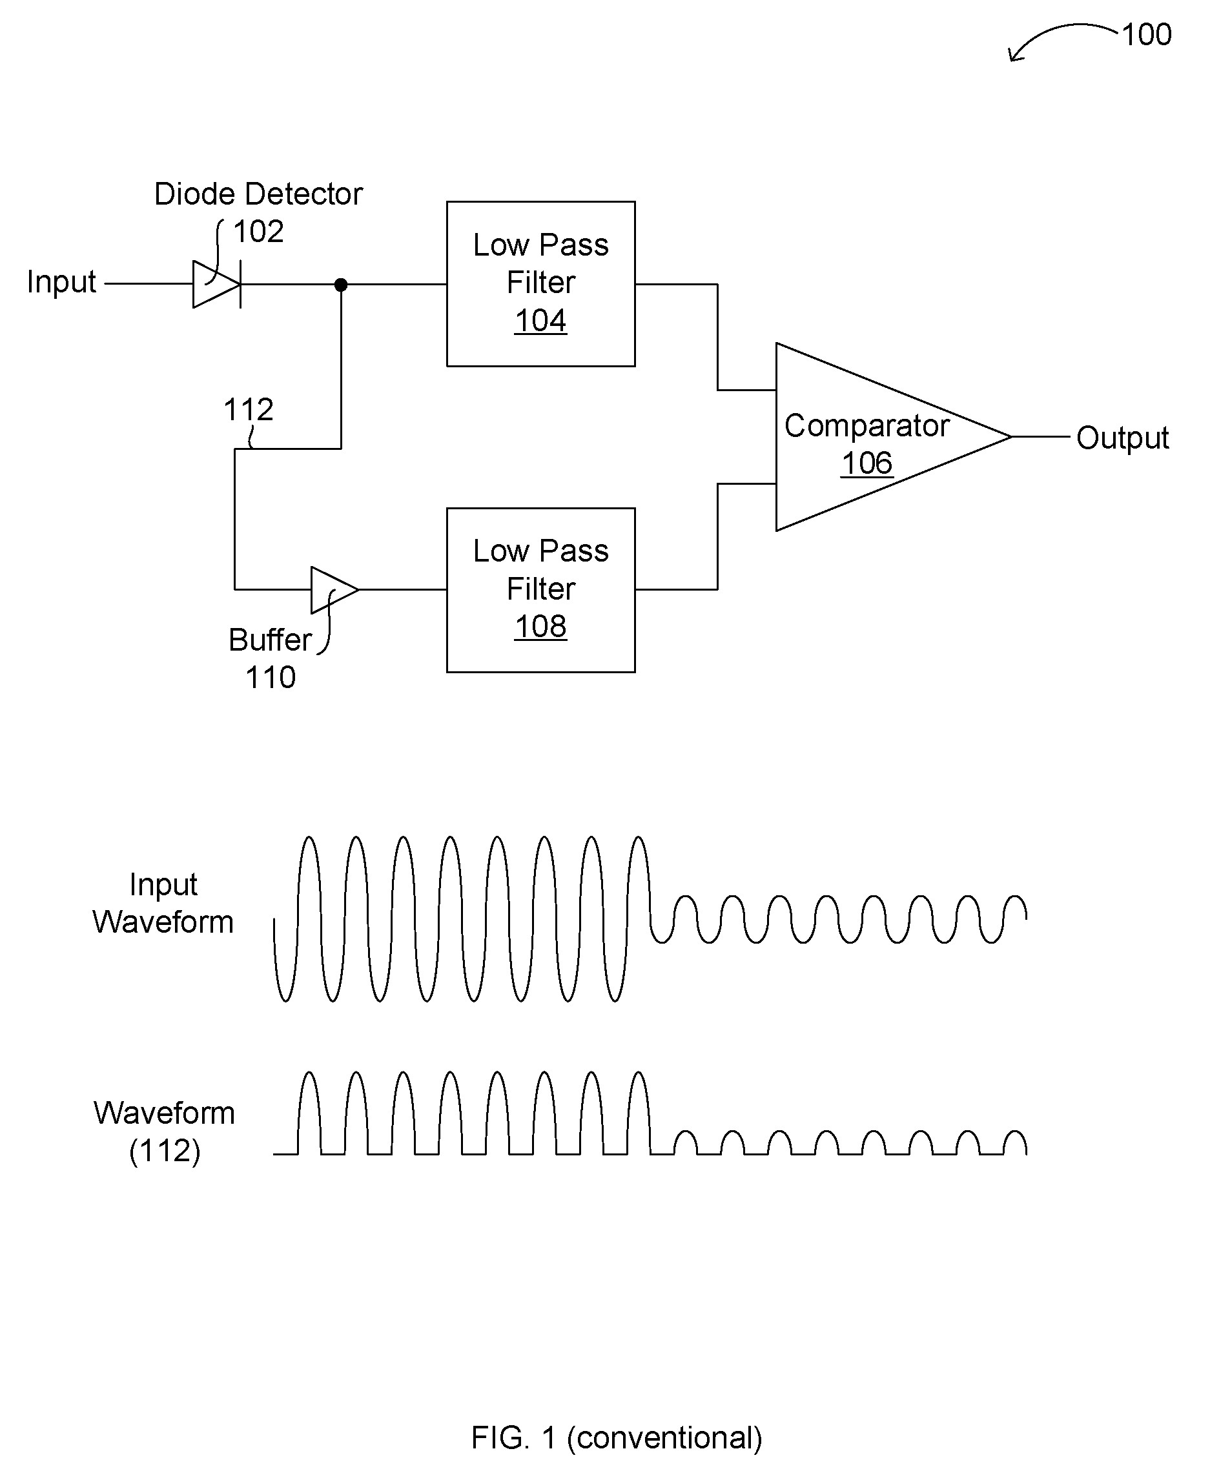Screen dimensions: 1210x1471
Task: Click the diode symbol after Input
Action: [217, 284]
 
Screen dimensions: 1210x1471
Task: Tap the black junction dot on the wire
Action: [341, 284]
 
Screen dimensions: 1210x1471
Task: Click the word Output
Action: [1122, 438]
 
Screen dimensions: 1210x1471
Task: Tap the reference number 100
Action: [1147, 34]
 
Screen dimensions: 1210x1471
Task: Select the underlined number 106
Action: [867, 463]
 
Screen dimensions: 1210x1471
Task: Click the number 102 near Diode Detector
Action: [258, 231]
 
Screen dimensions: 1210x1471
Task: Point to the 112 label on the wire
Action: [248, 409]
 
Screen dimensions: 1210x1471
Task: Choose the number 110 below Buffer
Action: [271, 676]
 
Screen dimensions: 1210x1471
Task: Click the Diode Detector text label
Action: [258, 194]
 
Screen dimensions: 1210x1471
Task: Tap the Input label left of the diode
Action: [61, 282]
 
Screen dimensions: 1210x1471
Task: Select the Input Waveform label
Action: [163, 903]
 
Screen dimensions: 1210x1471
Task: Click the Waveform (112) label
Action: [165, 1131]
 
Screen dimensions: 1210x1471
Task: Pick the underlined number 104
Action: [541, 321]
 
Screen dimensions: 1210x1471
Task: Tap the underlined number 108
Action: [541, 627]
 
